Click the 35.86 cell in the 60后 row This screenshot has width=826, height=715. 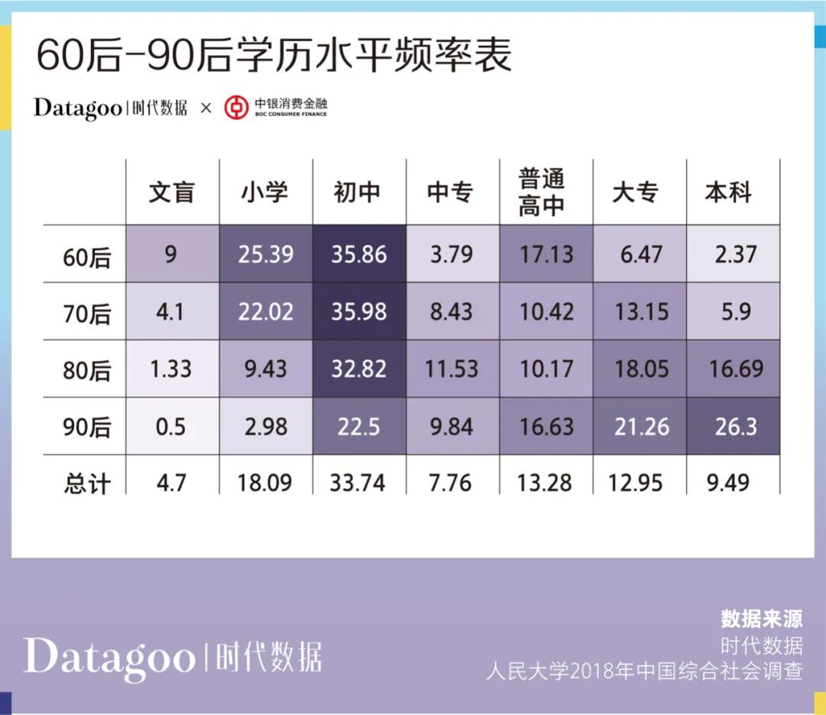tap(359, 254)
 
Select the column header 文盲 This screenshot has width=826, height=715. tap(172, 192)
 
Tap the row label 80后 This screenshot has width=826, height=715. tap(86, 370)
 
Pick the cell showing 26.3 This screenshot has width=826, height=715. tap(735, 426)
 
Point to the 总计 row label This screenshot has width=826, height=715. tap(86, 483)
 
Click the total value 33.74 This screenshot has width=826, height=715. tap(359, 483)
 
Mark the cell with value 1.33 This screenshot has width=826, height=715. tap(171, 369)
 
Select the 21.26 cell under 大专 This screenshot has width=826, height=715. tap(641, 426)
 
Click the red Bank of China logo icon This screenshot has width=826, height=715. tap(236, 108)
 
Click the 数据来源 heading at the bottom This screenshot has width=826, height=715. tap(761, 619)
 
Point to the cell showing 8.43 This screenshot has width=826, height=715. tap(451, 311)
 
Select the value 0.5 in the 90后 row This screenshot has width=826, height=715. tap(171, 426)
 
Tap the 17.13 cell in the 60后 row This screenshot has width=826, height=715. tap(546, 254)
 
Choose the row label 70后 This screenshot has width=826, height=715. tap(86, 313)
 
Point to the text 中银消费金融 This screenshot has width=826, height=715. tap(291, 103)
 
